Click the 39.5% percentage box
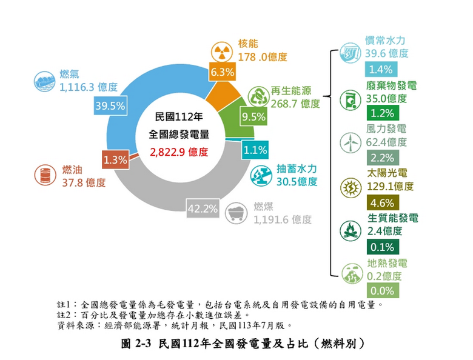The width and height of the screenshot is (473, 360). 110,106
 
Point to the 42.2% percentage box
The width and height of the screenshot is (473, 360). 203,208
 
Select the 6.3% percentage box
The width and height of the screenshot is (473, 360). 223,72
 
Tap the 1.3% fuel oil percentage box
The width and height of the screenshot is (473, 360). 115,160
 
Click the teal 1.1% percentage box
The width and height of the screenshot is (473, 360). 255,150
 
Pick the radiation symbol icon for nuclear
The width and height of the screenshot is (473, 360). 222,53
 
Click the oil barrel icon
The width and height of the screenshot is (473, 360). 45,175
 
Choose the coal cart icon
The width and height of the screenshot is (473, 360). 236,213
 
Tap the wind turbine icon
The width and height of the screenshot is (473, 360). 351,142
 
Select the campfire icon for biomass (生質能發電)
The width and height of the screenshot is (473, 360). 351,231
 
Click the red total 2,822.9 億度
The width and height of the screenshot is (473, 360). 179,152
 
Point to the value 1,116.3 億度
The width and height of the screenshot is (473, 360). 89,87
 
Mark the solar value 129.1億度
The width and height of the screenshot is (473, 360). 390,186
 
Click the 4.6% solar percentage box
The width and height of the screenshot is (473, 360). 383,202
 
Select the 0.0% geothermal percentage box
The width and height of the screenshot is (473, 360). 383,291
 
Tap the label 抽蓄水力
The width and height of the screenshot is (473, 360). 297,168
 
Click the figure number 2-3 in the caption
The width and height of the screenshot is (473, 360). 143,344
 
